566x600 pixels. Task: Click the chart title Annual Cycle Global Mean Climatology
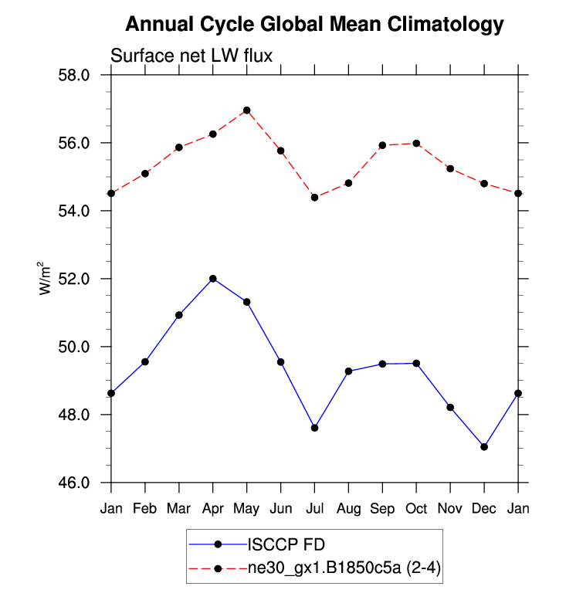314,24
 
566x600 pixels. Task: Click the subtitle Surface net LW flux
191,56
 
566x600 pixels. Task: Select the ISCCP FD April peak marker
213,279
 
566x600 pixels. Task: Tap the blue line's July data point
314,428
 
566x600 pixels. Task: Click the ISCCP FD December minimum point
484,446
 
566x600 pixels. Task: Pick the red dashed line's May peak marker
247,110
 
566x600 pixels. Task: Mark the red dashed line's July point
314,198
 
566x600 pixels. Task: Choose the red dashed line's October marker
416,143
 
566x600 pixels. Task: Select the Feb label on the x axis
145,509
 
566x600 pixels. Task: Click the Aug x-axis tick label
348,509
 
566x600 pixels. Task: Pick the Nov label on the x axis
450,509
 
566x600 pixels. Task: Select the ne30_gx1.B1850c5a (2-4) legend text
344,569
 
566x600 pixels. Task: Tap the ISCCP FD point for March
179,315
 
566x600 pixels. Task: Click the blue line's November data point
450,407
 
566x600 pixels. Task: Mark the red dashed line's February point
145,174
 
